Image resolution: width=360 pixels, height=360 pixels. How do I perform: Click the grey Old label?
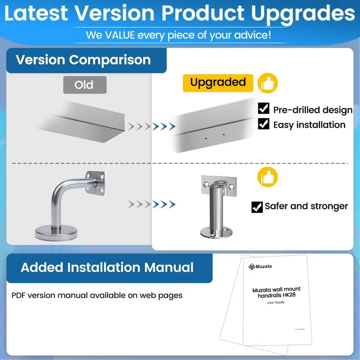(x=85, y=85)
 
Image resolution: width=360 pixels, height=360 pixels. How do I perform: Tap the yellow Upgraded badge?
(x=218, y=83)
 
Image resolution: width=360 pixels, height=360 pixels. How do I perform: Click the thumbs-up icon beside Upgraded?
(x=268, y=83)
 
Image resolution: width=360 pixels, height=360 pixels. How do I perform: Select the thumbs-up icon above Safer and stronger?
(x=268, y=176)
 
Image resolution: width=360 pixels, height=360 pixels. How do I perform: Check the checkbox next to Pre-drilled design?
(x=264, y=108)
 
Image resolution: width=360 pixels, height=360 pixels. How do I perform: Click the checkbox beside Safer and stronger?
(x=257, y=207)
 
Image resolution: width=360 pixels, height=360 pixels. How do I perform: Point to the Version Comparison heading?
(x=83, y=60)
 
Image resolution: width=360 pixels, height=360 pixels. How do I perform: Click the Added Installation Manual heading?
(x=107, y=267)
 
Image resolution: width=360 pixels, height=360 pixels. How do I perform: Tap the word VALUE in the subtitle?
(x=119, y=35)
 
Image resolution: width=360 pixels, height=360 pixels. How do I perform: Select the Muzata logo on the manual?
(x=252, y=266)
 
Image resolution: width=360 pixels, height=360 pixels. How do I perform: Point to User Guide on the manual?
(x=276, y=302)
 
